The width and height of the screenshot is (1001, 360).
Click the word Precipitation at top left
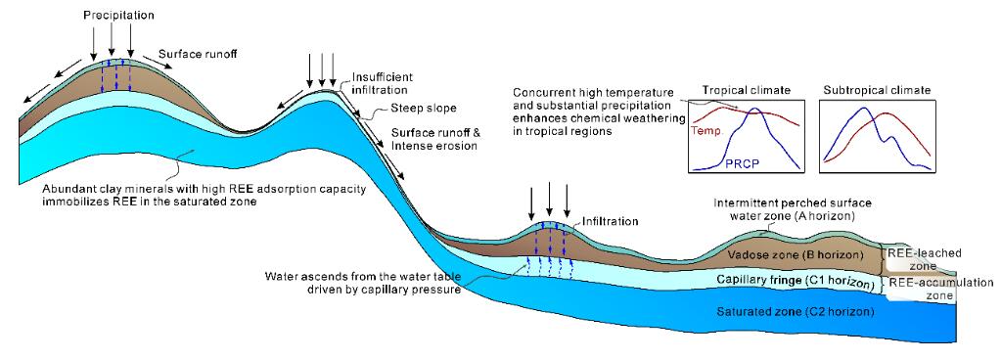pos(118,15)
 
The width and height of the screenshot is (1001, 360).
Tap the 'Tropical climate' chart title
pos(747,91)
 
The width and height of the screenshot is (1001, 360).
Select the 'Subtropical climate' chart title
pos(877,91)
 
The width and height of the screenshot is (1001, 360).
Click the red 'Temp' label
pos(706,131)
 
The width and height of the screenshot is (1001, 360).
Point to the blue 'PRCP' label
pos(742,164)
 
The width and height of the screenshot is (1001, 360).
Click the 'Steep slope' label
pos(417,109)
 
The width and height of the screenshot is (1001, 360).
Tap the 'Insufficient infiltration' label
pos(380,83)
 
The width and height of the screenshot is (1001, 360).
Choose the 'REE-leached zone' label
pos(919,259)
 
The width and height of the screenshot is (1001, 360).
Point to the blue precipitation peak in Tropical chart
pos(755,110)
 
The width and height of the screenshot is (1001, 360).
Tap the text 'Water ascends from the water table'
pos(368,277)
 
